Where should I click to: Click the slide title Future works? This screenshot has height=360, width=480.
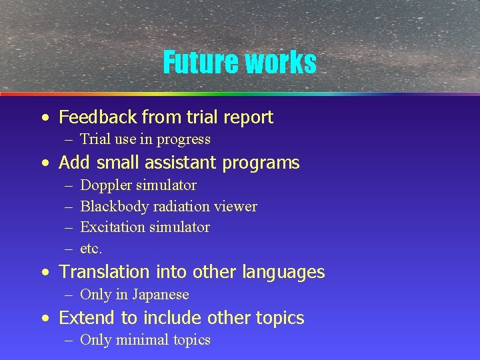click(x=239, y=63)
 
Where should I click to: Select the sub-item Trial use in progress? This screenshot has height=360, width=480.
click(x=145, y=139)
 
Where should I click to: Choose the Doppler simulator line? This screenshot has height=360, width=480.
click(x=138, y=185)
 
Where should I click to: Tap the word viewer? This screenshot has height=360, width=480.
click(x=235, y=206)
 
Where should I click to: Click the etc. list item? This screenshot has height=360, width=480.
click(x=91, y=249)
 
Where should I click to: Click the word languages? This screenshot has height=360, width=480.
click(x=283, y=272)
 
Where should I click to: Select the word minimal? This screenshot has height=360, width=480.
click(x=142, y=340)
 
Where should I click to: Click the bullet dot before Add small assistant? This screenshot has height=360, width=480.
click(x=45, y=163)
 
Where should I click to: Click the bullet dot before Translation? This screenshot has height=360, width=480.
click(x=45, y=273)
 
